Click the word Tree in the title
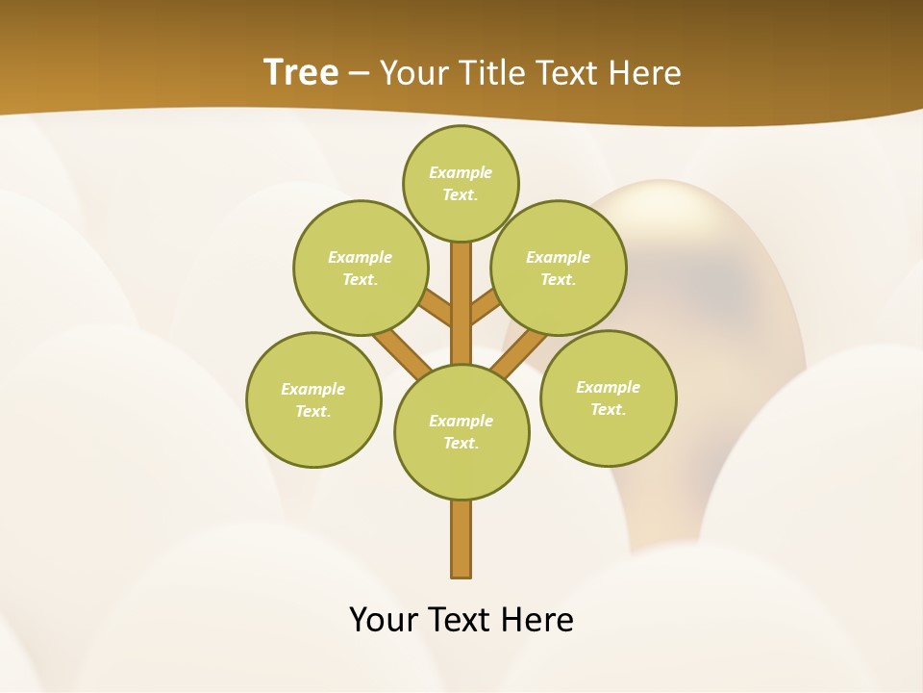pos(301,72)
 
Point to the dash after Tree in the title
pos(359,74)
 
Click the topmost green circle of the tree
pos(461,183)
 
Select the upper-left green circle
pos(361,268)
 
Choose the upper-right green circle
pos(559,268)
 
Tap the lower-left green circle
pos(313,399)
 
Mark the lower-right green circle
pos(608,398)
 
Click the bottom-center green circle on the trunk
pos(461,431)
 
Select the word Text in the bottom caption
pos(460,620)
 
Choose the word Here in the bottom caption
pos(537,620)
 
